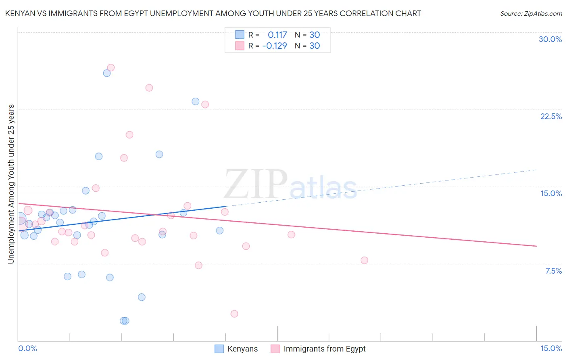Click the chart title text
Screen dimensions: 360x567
213,13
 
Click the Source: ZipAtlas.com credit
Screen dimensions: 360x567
531,13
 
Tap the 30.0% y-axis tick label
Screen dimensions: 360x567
550,39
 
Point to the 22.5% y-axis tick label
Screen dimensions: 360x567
551,116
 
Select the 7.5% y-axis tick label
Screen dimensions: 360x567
553,271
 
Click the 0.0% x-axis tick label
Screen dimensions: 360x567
27,348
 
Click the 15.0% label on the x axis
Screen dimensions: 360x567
551,348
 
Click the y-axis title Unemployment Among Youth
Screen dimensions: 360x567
11,184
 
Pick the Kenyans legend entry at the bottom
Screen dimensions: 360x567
236,349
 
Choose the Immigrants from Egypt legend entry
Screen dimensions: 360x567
318,349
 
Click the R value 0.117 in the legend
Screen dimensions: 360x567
277,35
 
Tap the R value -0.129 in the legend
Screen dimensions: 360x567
275,46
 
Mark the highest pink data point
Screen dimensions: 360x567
111,67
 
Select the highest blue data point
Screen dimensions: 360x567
107,73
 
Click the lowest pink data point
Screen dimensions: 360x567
234,314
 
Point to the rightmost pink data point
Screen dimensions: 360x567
365,260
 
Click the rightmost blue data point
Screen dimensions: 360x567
220,230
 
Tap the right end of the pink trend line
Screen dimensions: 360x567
536,246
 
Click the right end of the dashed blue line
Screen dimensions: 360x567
536,170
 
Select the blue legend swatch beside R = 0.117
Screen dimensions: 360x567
240,35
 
